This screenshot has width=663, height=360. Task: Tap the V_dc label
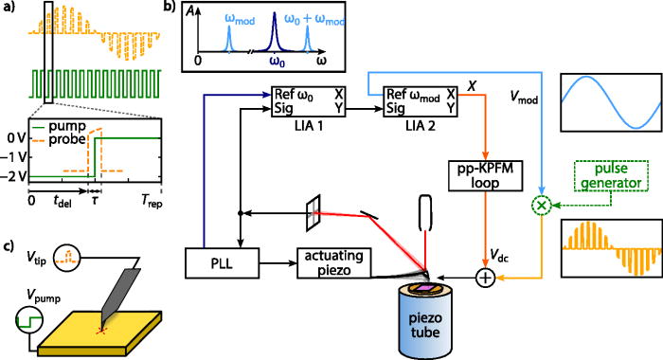[496, 252]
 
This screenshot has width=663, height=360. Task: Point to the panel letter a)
[9, 9]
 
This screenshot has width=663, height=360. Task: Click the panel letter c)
[9, 248]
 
